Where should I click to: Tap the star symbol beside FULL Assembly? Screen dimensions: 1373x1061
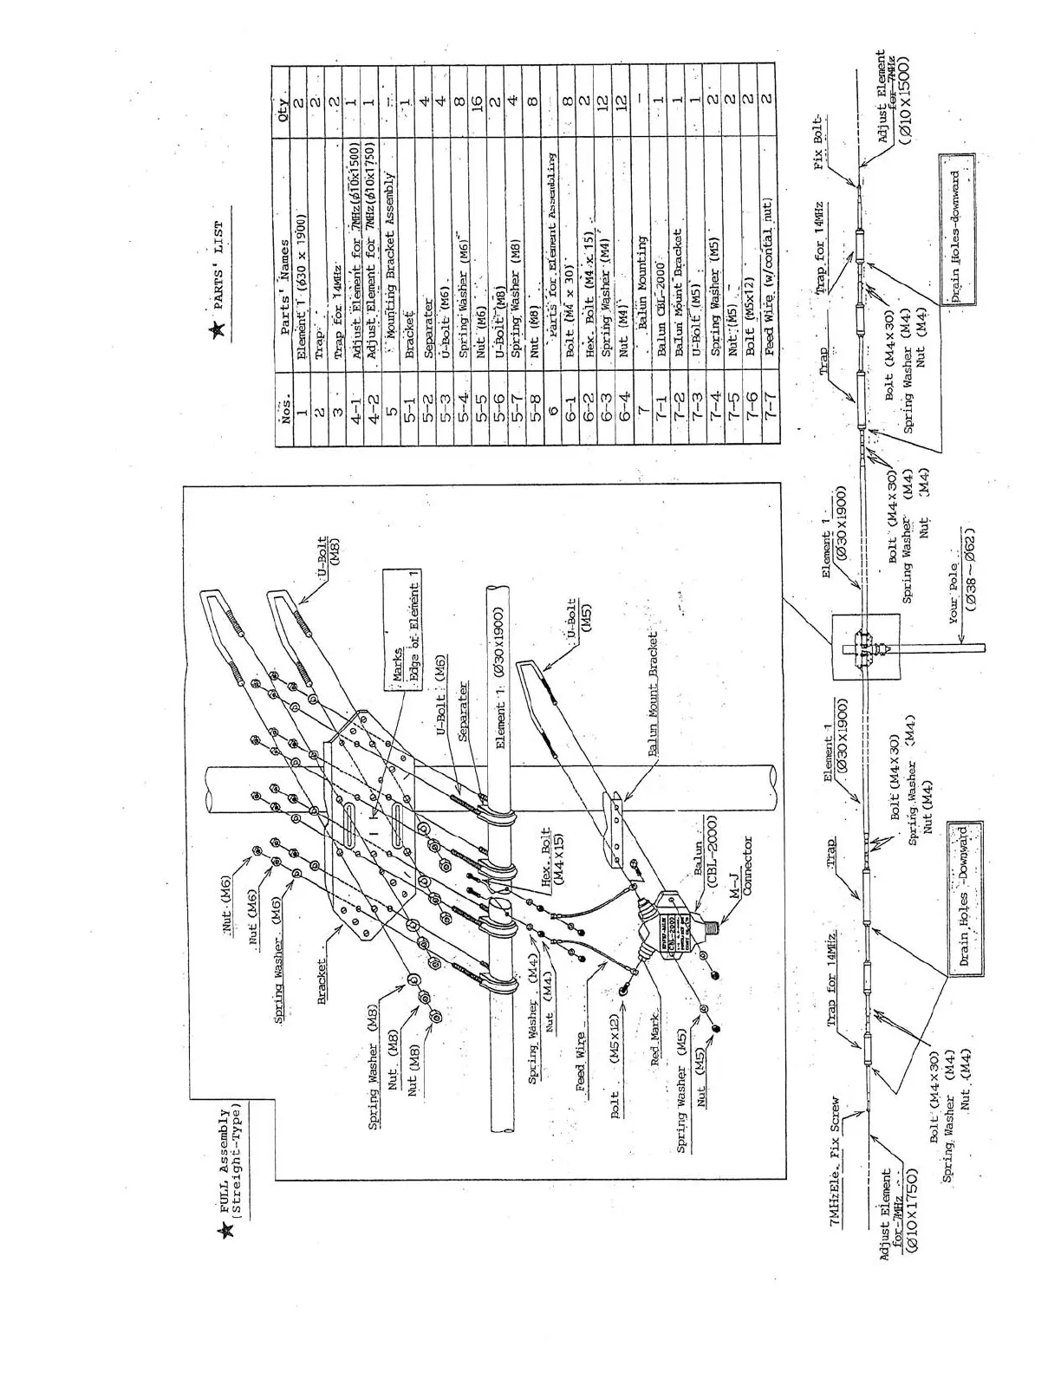tap(228, 1230)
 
